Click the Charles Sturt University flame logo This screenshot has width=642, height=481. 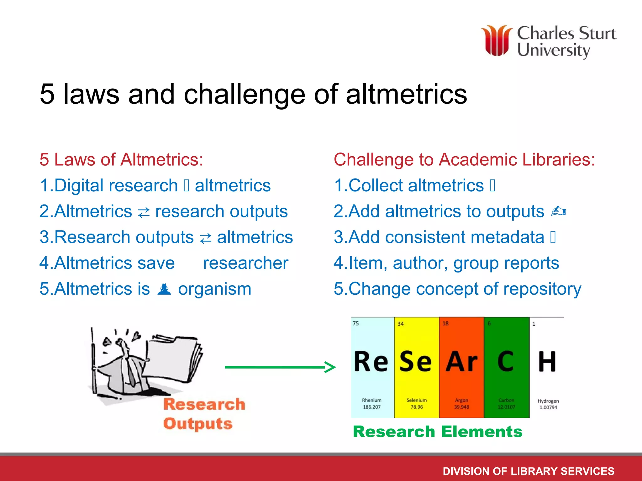[497, 41]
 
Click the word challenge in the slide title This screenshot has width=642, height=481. [244, 94]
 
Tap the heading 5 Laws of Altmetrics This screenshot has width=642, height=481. [121, 159]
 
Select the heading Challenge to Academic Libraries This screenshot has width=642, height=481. [464, 159]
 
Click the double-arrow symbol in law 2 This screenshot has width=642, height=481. [144, 213]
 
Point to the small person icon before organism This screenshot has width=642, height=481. [164, 289]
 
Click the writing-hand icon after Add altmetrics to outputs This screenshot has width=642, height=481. [558, 211]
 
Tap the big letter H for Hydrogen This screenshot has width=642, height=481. [547, 362]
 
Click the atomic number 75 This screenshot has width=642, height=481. [356, 323]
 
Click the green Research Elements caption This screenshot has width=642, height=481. [438, 432]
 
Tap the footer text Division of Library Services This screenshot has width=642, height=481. [529, 471]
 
